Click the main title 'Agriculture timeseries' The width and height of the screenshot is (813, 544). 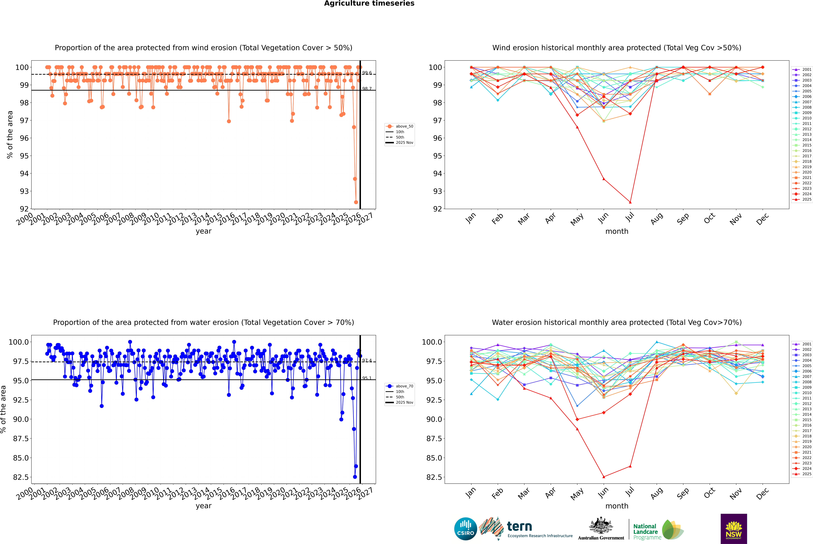click(369, 3)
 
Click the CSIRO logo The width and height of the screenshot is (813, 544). click(465, 529)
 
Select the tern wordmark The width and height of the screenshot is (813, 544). click(519, 526)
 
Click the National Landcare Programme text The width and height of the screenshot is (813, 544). click(645, 532)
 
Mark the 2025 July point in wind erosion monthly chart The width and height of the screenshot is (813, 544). click(630, 202)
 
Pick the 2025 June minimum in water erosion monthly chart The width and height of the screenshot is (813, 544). click(604, 477)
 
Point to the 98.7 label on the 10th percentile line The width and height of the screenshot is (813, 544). click(367, 89)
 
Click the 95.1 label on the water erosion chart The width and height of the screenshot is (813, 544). click(367, 378)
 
